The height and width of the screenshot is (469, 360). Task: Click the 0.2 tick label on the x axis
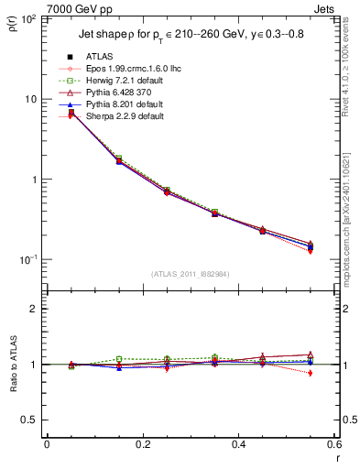point(142,444)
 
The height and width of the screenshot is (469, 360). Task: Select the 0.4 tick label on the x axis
point(238,444)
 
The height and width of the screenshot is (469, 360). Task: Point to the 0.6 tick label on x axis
point(333,444)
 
